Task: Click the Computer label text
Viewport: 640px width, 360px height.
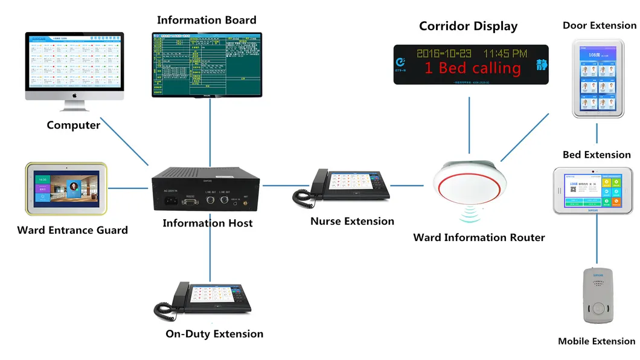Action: click(x=73, y=125)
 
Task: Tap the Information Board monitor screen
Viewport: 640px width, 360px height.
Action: click(x=207, y=64)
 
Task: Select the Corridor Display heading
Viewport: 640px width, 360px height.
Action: click(x=468, y=26)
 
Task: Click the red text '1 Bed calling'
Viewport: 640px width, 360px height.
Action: click(x=472, y=68)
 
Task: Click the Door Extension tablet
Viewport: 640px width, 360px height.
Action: click(x=597, y=78)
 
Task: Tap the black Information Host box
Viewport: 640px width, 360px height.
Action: click(x=207, y=188)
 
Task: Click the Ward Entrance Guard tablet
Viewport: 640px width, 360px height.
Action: click(x=66, y=188)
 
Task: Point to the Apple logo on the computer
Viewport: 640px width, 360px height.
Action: click(x=74, y=95)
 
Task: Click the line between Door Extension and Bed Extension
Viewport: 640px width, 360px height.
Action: click(x=597, y=133)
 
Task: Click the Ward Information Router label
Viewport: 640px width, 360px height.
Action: click(x=479, y=237)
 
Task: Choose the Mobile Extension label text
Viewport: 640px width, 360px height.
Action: click(x=597, y=341)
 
